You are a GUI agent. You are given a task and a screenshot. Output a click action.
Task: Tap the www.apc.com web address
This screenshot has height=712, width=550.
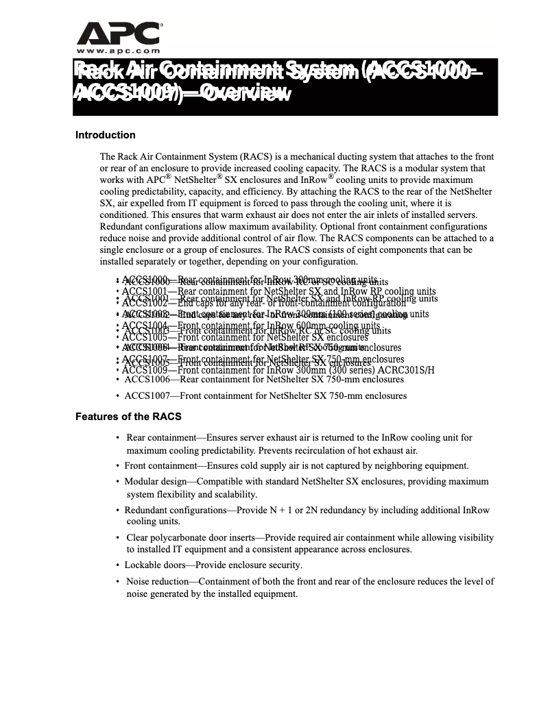coord(118,51)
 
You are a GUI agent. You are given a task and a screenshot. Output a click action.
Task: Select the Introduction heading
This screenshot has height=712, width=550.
coord(105,135)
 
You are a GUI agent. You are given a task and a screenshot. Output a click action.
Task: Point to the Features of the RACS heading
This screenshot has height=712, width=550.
coord(128,417)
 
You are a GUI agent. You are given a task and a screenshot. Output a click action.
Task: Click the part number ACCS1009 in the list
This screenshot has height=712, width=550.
coord(145,370)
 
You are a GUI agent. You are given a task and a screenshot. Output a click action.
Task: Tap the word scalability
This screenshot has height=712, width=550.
coord(234,494)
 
